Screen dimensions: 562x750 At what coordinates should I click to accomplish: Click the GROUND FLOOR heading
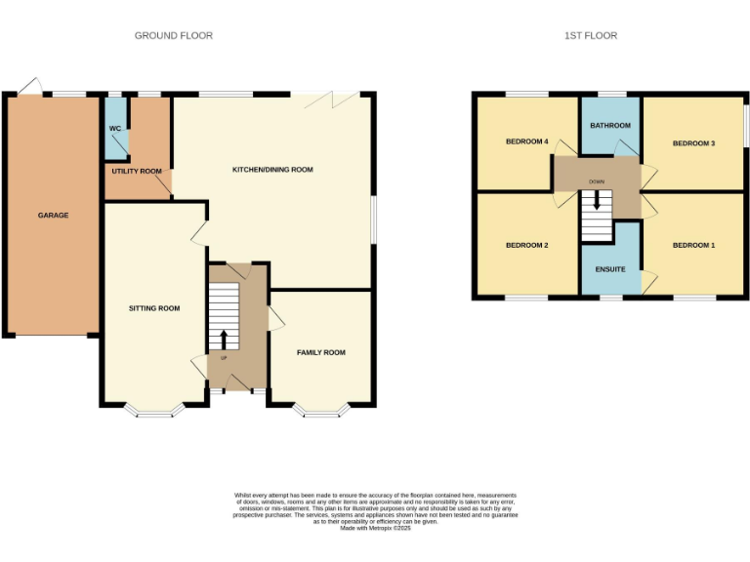click(173, 36)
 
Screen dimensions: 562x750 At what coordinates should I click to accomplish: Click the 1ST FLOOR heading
click(591, 36)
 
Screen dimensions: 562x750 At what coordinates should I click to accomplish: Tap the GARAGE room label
click(53, 215)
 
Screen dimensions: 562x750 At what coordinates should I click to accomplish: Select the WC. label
click(115, 129)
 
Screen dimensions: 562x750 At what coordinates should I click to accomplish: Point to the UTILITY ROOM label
click(137, 171)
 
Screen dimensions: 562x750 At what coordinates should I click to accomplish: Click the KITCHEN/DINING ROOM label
click(272, 170)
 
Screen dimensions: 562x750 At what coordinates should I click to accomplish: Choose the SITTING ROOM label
click(154, 308)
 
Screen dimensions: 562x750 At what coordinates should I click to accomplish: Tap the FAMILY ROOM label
click(321, 352)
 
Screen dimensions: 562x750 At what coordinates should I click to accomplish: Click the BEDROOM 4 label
click(526, 142)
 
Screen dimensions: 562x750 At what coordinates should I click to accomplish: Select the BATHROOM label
click(610, 126)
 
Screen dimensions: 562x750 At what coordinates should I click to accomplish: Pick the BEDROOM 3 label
click(693, 143)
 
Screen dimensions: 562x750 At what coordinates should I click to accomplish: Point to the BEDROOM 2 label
click(526, 245)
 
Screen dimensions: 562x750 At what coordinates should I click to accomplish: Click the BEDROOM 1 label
click(693, 245)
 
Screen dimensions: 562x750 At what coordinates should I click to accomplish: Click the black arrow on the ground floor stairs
click(224, 339)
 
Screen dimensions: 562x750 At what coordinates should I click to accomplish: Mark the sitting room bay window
click(154, 412)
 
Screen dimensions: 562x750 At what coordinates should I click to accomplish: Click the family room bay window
click(321, 412)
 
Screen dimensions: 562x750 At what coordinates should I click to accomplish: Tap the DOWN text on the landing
click(596, 182)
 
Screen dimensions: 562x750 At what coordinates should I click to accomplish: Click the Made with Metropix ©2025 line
click(375, 528)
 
